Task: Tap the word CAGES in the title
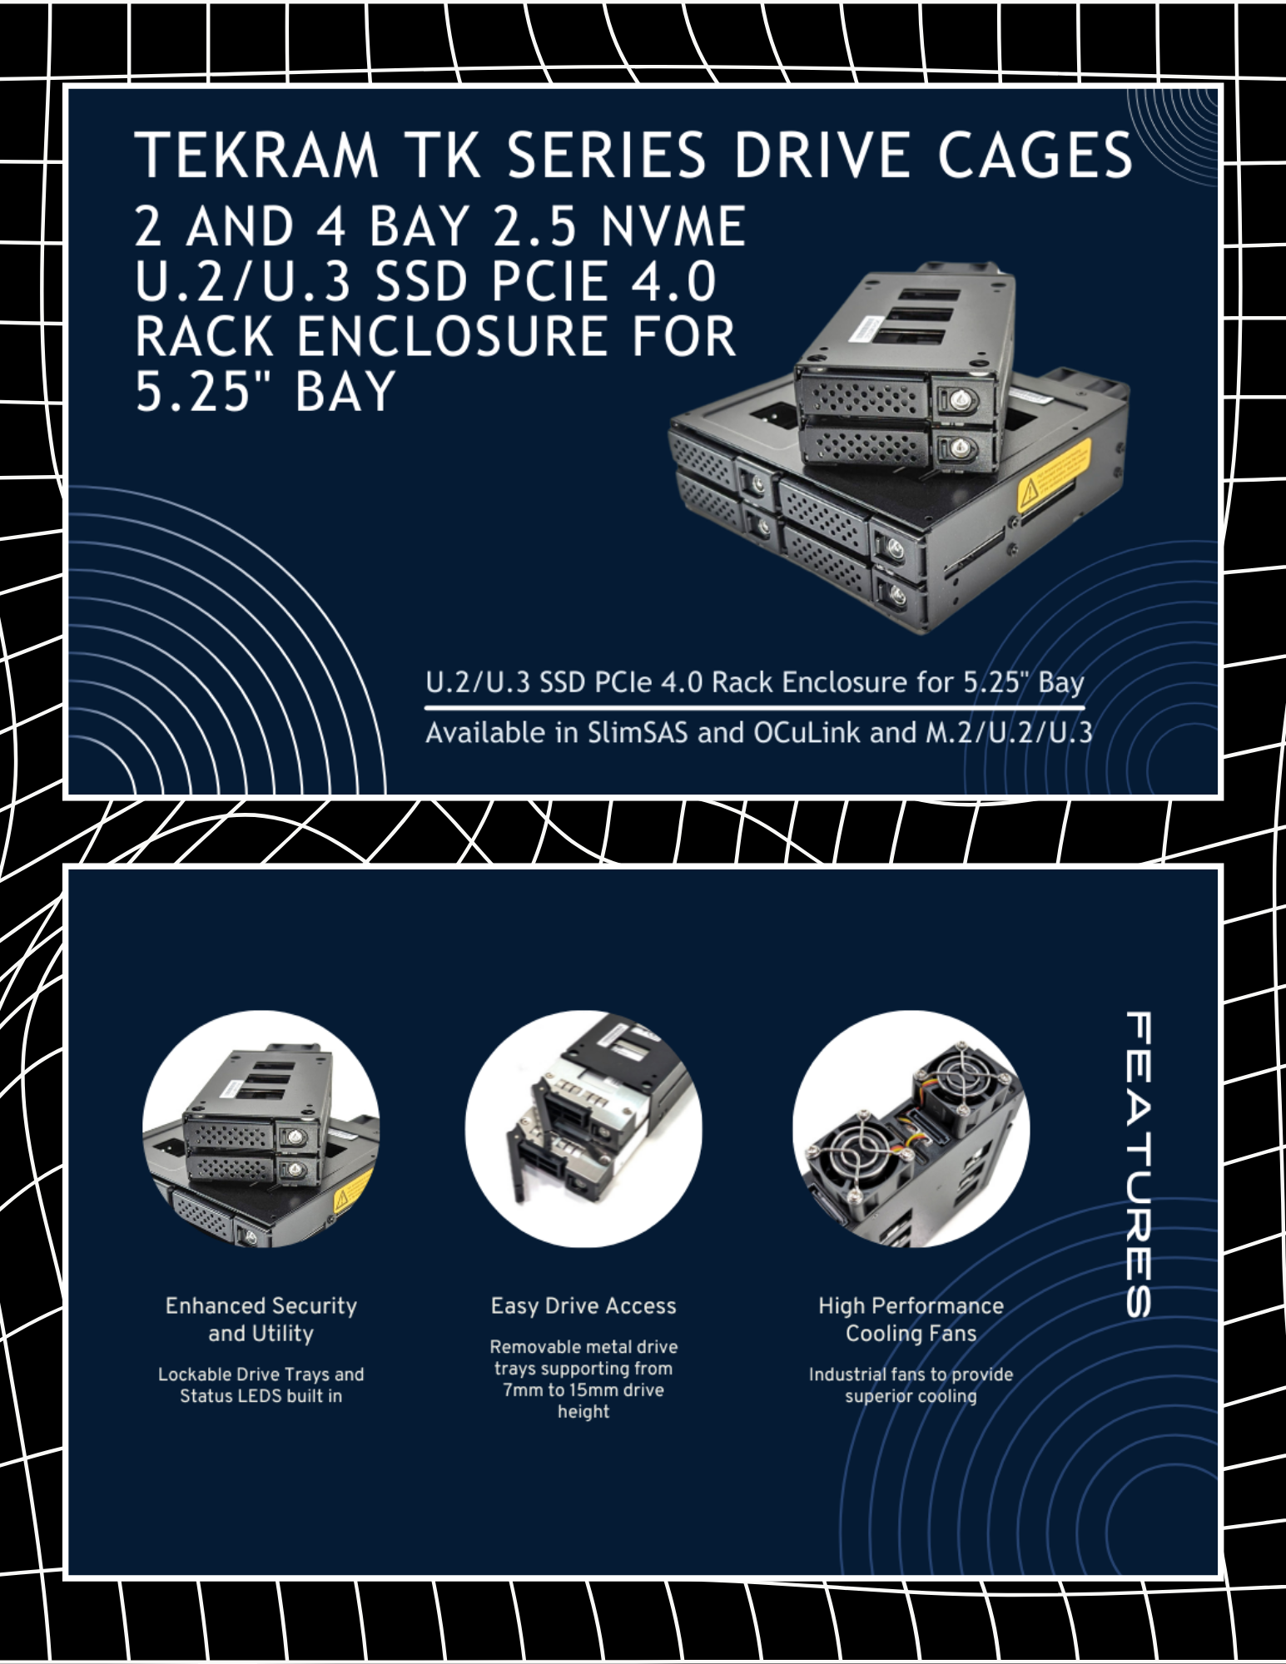tap(1035, 155)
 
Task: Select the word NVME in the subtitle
tap(673, 226)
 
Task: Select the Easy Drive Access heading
tap(583, 1306)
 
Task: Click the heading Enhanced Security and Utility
tap(261, 1320)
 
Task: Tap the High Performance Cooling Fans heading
tap(911, 1320)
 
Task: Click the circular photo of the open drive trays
tap(583, 1129)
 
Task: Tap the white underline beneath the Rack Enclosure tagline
tap(755, 708)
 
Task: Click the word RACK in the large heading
tap(204, 336)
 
